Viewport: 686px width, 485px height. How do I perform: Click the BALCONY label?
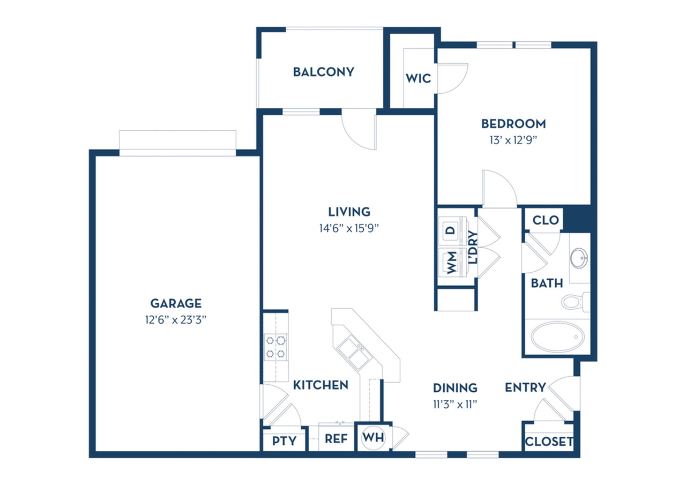click(x=323, y=72)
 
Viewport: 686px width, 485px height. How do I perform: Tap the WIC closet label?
click(x=419, y=78)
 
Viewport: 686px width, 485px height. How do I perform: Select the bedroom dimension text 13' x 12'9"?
click(x=513, y=140)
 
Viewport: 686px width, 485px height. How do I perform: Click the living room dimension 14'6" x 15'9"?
click(x=349, y=228)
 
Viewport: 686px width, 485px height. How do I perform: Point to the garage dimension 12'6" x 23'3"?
click(x=176, y=320)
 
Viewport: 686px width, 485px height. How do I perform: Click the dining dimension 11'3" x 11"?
click(x=455, y=405)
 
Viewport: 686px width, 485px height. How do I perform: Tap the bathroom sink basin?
click(x=579, y=258)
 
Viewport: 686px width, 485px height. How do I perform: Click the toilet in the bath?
click(x=576, y=302)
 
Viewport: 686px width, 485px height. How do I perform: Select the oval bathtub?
click(x=557, y=337)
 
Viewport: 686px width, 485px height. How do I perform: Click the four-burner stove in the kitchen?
click(x=275, y=347)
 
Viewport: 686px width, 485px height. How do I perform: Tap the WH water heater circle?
click(x=373, y=437)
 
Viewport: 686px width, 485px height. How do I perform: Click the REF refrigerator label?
click(x=336, y=439)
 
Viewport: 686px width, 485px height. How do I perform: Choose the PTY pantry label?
click(x=284, y=441)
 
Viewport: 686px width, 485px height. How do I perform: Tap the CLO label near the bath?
click(x=546, y=220)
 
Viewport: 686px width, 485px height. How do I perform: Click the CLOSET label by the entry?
click(x=549, y=442)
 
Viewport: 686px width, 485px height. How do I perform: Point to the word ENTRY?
click(x=525, y=387)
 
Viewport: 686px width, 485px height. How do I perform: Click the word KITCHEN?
click(x=320, y=385)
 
